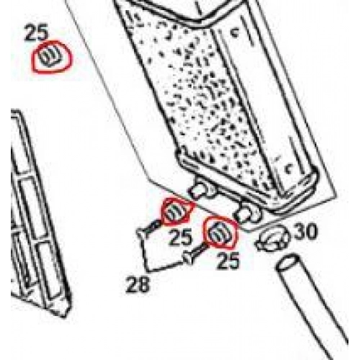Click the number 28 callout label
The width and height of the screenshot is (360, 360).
pos(138,284)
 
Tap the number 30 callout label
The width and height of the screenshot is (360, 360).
pos(305,231)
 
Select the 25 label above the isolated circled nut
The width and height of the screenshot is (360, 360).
pos(37,33)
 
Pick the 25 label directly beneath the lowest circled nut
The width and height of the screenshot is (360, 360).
pos(228,260)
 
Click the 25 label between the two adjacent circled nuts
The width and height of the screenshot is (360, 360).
pos(181,237)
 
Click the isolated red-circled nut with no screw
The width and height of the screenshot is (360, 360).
pos(51,57)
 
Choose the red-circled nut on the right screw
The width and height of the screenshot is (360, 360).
pos(220,232)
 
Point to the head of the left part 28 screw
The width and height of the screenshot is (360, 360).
pos(141,233)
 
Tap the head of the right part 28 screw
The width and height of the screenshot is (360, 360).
pos(188,259)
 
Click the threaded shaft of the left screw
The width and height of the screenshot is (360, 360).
pos(154,226)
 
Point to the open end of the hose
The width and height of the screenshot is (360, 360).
pos(287,264)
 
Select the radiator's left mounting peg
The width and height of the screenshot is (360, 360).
pos(199,190)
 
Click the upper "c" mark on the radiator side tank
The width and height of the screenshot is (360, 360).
pos(235,32)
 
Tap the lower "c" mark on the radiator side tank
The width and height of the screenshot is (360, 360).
pos(288,168)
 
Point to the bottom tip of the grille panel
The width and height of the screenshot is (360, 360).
pos(64,318)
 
